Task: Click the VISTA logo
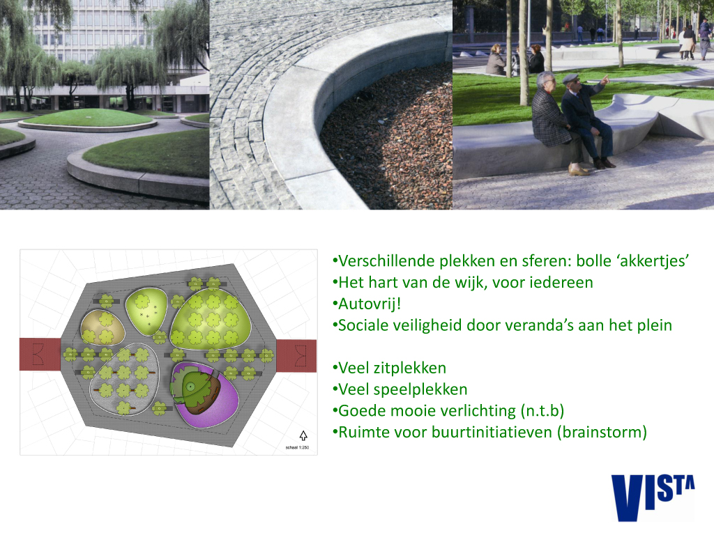[x=653, y=497]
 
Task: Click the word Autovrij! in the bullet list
[x=370, y=304]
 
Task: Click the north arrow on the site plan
[x=303, y=435]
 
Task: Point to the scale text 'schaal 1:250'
[x=297, y=448]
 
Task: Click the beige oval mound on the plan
[x=102, y=327]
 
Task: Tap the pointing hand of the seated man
[x=605, y=80]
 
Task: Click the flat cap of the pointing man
[x=570, y=78]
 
